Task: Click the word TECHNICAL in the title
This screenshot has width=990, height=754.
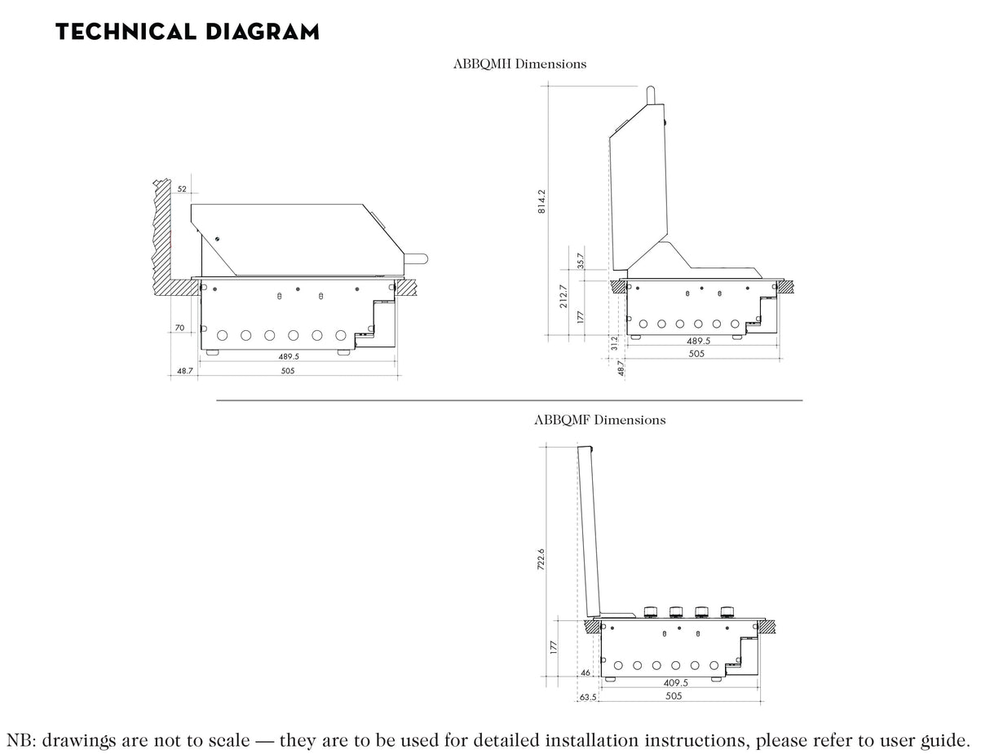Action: click(126, 32)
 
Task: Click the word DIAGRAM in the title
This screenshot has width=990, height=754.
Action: click(262, 32)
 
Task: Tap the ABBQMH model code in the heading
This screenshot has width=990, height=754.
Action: click(482, 64)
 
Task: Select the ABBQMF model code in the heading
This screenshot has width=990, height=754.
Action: click(562, 420)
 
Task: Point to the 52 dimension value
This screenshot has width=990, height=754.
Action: click(182, 189)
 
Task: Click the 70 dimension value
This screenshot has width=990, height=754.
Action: click(179, 328)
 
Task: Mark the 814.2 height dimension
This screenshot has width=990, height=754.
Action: click(541, 201)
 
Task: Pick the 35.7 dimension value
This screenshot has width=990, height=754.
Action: click(581, 261)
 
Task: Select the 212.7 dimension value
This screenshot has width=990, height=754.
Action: click(564, 296)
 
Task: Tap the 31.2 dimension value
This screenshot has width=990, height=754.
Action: click(614, 343)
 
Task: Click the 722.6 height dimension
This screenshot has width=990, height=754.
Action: click(541, 559)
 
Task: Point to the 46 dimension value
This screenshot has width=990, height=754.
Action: click(585, 672)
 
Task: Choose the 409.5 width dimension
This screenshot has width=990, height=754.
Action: click(676, 683)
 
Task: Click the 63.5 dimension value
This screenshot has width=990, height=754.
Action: click(588, 697)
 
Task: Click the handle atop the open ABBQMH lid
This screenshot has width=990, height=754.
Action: click(651, 95)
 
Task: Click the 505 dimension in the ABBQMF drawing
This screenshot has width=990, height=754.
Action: click(674, 696)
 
